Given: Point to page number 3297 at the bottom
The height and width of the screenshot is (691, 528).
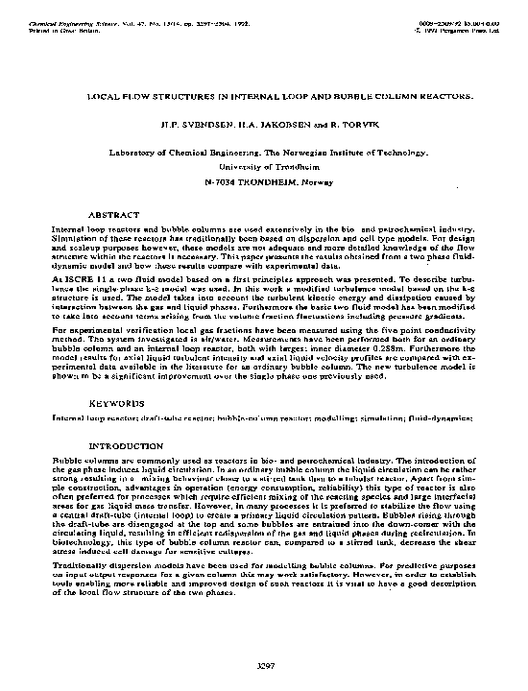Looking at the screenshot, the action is [265, 665].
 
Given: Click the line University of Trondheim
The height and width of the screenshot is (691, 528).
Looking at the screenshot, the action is [264, 166].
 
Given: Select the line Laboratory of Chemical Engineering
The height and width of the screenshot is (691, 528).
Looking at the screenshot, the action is [264, 153].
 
